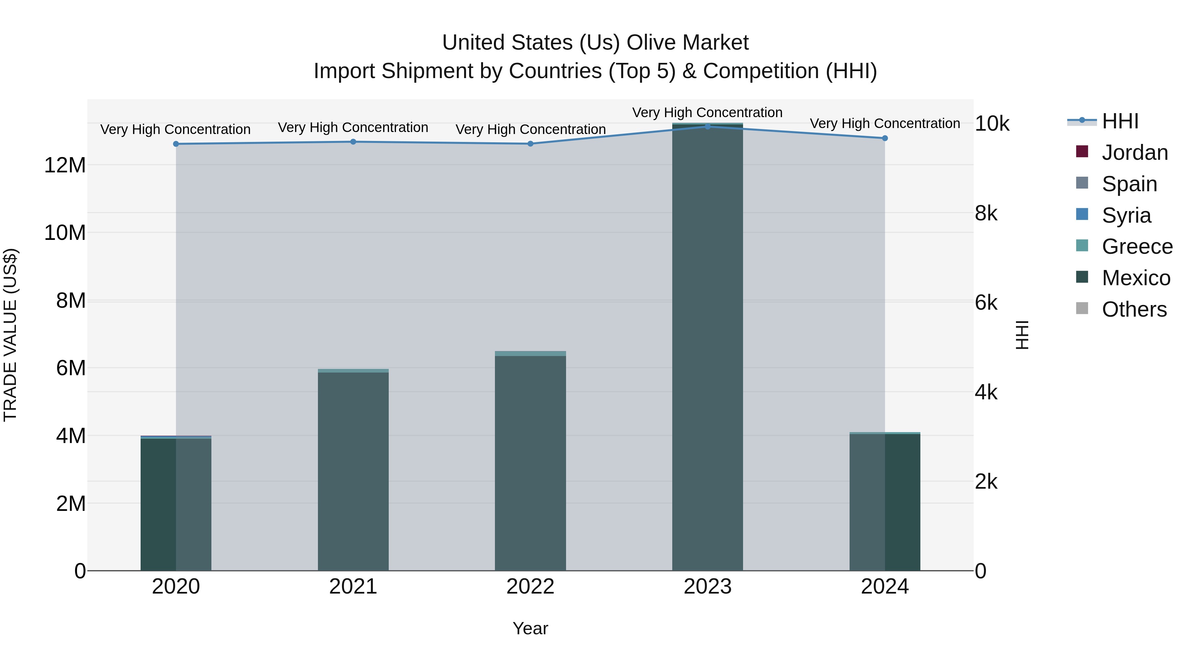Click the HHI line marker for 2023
[707, 126]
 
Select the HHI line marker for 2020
[176, 144]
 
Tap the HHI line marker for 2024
[884, 138]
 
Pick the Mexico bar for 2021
[353, 471]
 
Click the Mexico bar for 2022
[530, 463]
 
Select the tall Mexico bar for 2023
[707, 347]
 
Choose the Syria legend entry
[1126, 215]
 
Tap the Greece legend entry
[1136, 246]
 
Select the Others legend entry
[1134, 309]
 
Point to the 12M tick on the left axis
[65, 165]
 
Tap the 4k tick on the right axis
[986, 392]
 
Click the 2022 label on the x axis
[530, 587]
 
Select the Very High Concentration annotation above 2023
[707, 112]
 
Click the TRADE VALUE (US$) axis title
[10, 335]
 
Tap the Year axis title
[530, 628]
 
